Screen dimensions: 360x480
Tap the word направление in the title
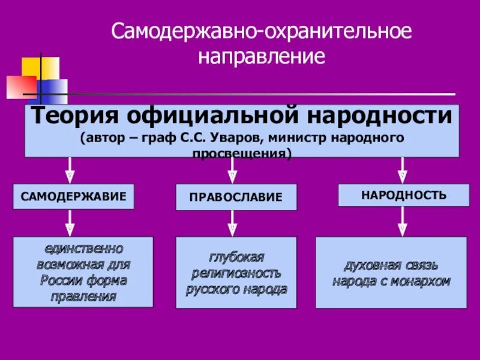262,57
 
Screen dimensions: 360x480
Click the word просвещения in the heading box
241,153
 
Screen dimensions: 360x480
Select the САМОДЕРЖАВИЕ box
74,197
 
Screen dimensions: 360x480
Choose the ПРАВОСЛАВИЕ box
236,197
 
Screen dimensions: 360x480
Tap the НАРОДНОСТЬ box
403,195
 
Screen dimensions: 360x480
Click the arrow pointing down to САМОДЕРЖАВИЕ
70,170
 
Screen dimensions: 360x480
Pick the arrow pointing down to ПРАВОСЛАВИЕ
232,171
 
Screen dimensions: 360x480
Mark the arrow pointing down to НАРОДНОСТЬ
403,170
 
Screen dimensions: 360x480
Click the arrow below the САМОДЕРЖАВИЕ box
70,223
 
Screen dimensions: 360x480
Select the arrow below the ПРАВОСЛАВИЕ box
232,223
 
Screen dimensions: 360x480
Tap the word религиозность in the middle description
236,273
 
